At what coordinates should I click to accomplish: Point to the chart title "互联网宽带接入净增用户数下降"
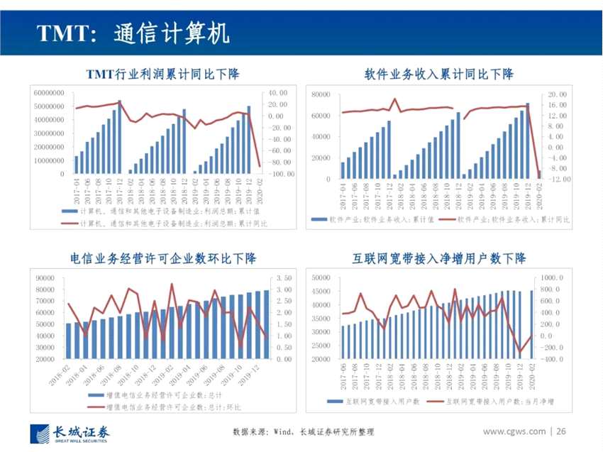[439, 258]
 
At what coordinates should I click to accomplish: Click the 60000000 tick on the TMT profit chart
[49, 93]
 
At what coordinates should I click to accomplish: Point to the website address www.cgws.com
[514, 431]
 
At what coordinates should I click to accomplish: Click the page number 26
[561, 431]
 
